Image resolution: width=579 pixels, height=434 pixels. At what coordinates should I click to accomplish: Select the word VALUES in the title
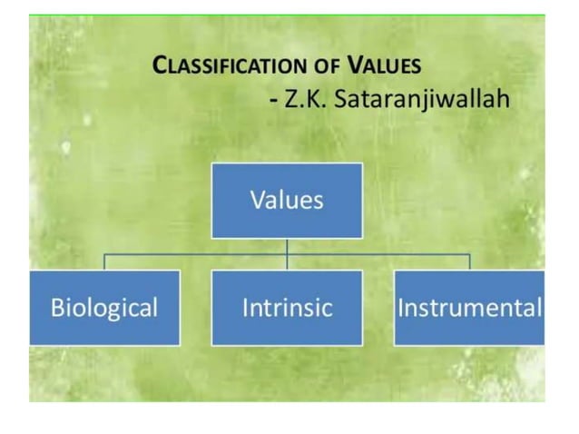[x=386, y=65]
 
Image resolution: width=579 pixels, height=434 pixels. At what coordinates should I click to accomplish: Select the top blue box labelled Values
[x=287, y=200]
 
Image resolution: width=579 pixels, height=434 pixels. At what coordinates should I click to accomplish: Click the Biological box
[x=104, y=307]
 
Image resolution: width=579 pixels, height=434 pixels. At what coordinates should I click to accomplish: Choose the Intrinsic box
[x=287, y=307]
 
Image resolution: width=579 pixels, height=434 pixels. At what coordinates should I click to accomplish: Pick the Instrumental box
[x=469, y=307]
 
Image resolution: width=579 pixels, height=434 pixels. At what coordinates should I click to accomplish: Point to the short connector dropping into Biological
[x=104, y=262]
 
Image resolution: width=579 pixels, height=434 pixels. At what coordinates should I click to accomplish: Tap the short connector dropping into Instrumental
[x=469, y=262]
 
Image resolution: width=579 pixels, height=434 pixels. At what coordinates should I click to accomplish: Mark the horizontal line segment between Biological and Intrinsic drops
[x=195, y=255]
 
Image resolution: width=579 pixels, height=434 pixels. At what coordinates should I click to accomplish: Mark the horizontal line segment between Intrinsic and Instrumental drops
[x=378, y=255]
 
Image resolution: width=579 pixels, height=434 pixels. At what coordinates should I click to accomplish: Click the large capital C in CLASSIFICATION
[x=160, y=65]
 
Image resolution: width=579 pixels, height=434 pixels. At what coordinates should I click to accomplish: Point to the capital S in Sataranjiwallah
[x=344, y=98]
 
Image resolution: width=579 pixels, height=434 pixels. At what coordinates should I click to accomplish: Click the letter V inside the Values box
[x=257, y=200]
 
